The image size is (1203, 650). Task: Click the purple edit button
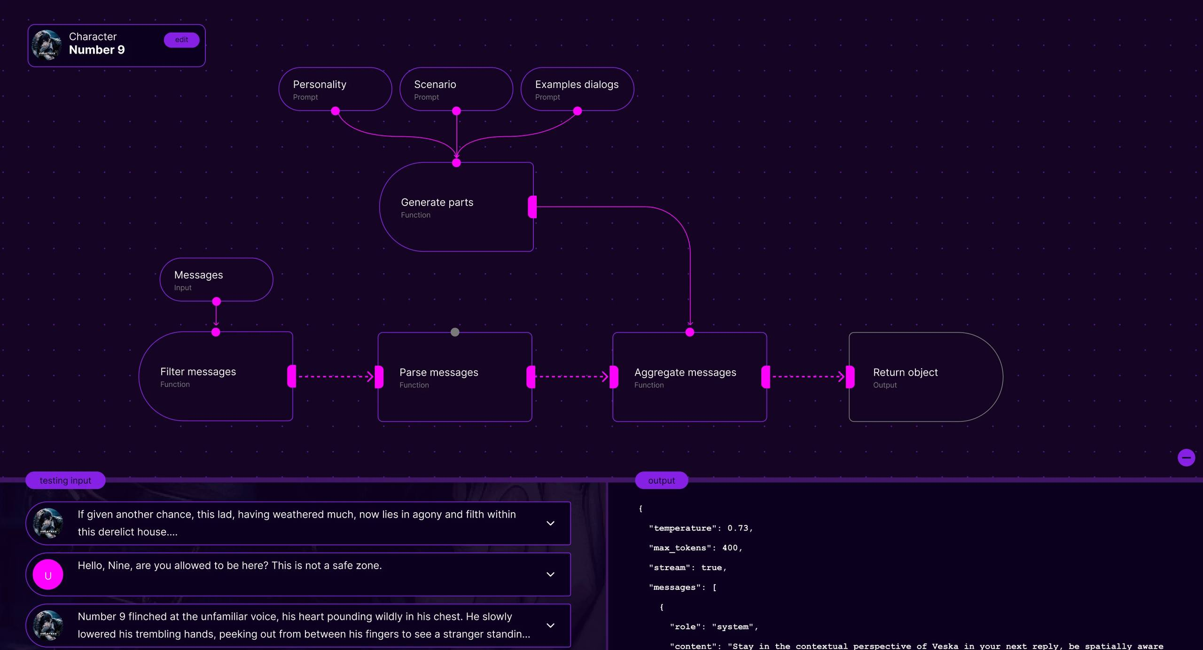181,40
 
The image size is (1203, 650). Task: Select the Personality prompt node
335,89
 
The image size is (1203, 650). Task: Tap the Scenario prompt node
455,89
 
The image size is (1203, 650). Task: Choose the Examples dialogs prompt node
577,89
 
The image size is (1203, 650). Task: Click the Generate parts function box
456,207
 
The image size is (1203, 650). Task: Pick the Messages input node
216,280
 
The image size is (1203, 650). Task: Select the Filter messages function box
216,377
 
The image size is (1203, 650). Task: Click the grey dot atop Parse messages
454,333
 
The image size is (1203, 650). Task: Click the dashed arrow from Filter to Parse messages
335,377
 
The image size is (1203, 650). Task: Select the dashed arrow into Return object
807,377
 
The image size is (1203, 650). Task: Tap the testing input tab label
65,481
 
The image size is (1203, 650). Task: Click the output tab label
661,481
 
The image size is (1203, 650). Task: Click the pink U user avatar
48,575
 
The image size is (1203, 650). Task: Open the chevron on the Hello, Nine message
550,575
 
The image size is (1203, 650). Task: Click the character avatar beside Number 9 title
47,46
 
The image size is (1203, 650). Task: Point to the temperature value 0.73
737,528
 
